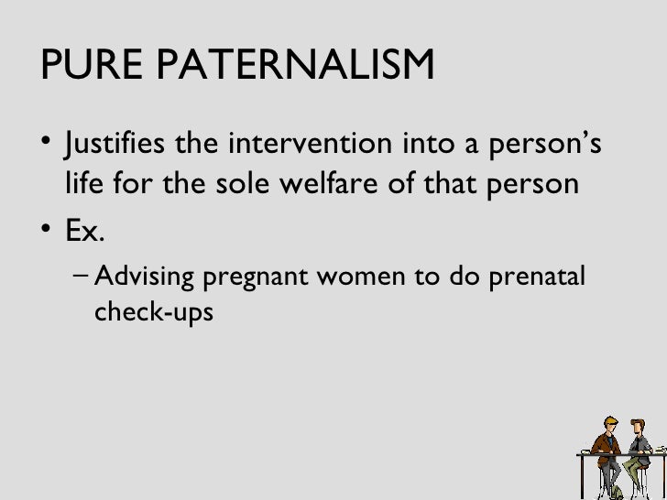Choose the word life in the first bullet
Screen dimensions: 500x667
[83, 184]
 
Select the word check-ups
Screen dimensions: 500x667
[153, 313]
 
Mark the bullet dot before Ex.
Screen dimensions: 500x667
[47, 232]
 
